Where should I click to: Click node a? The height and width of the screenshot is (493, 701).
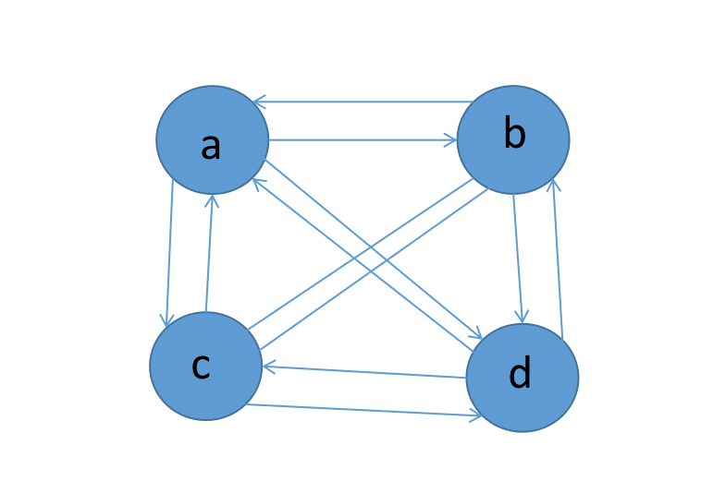coord(213,139)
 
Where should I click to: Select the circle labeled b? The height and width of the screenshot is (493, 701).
coord(513,139)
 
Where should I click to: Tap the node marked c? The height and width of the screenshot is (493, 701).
coord(205,366)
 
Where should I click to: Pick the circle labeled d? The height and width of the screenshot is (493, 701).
coord(523,378)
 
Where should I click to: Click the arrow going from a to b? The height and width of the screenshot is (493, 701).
coord(363,140)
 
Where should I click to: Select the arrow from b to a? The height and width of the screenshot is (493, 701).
coord(363,102)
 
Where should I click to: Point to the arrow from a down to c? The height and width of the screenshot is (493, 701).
coord(169,253)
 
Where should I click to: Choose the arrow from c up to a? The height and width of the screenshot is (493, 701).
coord(209,253)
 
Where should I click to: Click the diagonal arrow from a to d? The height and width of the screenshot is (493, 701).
coord(374,249)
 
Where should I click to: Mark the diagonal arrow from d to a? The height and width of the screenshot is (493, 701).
coord(363,265)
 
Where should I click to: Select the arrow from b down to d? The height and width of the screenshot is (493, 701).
coord(518,259)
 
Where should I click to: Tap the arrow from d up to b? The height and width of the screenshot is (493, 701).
coord(558,259)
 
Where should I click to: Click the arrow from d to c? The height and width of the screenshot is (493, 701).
coord(364,372)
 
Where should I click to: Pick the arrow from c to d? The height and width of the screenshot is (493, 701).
coord(364,411)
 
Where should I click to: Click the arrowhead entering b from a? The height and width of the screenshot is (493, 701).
coord(449,140)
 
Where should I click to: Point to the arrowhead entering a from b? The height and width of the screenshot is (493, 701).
coord(260,102)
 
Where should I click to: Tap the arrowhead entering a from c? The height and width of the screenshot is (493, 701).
coord(212,201)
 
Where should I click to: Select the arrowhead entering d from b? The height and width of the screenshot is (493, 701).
coord(522,317)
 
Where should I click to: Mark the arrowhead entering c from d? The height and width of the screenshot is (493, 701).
coord(270,367)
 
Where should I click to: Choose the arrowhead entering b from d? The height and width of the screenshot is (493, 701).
coord(554,186)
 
